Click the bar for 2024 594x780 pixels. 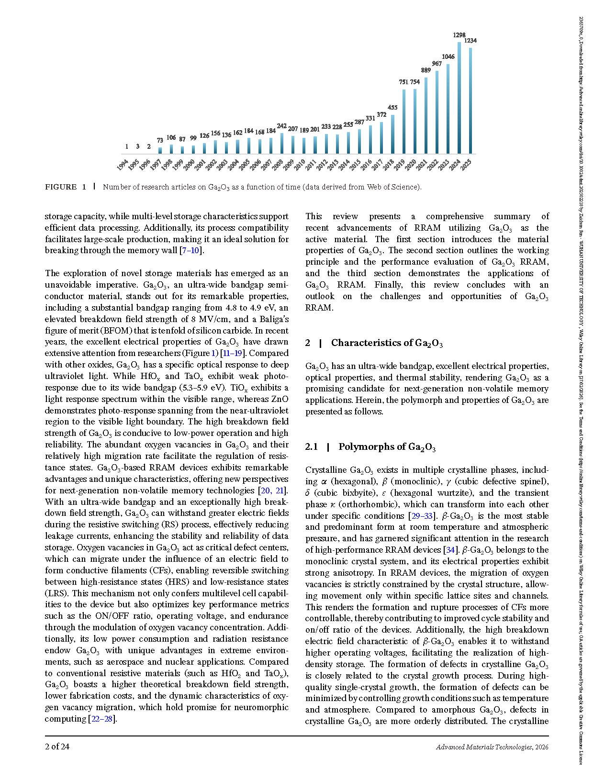point(459,98)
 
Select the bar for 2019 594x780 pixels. point(404,122)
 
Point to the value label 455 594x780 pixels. point(392,108)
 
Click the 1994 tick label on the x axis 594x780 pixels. point(123,165)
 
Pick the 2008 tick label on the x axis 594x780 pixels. point(278,165)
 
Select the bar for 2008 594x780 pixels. point(282,143)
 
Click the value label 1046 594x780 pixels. point(448,56)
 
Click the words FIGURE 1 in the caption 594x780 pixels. point(66,187)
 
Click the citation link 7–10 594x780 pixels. point(191,250)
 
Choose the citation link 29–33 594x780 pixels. point(421,516)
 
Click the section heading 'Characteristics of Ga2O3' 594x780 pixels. point(387,343)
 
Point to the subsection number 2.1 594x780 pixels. point(312,447)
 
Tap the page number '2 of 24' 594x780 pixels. point(57,747)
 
